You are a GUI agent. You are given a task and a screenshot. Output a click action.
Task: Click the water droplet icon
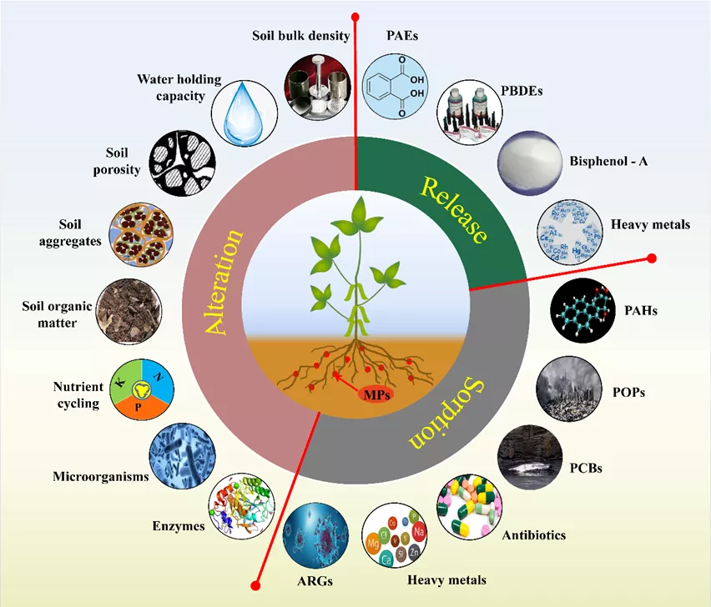[245, 113]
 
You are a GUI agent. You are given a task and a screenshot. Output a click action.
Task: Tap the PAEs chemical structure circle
[396, 87]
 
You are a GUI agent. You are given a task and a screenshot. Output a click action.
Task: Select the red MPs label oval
[376, 394]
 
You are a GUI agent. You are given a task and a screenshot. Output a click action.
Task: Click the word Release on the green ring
[453, 210]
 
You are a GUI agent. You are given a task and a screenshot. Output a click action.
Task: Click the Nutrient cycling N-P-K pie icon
[142, 389]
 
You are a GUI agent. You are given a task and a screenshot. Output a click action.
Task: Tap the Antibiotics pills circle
[469, 507]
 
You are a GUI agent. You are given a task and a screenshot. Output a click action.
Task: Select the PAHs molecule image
[583, 311]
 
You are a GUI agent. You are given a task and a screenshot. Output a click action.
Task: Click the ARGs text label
[315, 581]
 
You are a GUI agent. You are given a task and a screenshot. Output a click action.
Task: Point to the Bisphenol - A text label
[608, 161]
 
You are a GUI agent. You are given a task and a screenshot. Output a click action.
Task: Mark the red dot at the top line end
[355, 18]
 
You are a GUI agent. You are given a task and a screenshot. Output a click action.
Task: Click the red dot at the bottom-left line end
[255, 585]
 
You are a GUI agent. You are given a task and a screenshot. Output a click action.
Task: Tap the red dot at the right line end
[652, 258]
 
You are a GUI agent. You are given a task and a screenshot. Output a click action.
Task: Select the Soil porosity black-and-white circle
[182, 163]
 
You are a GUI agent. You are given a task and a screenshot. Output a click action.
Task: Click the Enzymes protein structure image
[242, 506]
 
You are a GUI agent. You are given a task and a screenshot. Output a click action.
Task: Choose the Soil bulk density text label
[301, 36]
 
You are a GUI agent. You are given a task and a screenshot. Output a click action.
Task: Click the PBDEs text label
[522, 91]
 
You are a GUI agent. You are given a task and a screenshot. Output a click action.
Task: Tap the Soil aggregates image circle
[142, 234]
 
